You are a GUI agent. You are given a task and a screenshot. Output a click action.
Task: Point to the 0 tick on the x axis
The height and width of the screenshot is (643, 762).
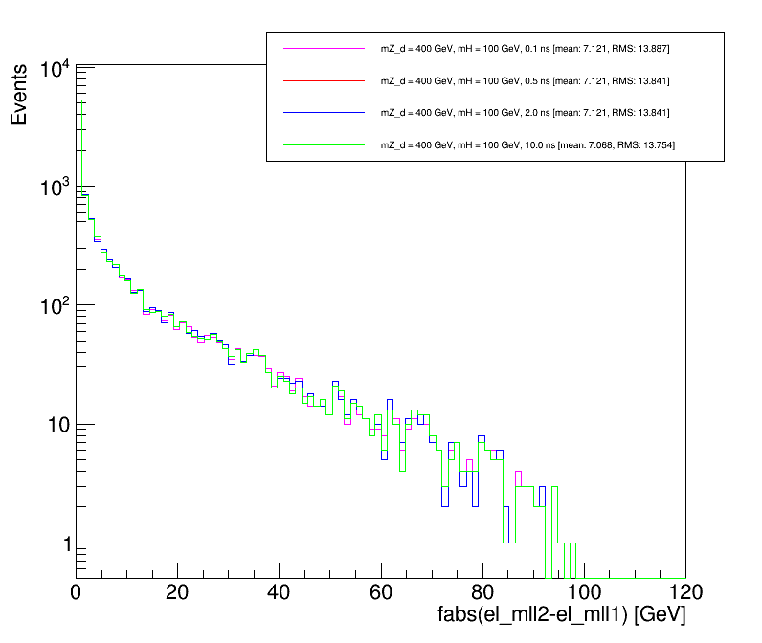click(x=77, y=590)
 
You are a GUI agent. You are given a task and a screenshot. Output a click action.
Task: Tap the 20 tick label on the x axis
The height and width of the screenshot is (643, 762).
click(x=177, y=590)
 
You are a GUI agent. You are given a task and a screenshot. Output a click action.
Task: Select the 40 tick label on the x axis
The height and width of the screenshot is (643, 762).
click(x=279, y=590)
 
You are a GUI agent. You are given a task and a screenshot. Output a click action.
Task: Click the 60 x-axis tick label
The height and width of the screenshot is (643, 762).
click(x=380, y=590)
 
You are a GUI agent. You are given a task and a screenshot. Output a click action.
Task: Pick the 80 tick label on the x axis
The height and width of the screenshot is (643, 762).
click(x=482, y=590)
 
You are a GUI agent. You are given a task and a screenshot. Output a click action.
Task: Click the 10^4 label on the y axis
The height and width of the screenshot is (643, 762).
click(x=54, y=69)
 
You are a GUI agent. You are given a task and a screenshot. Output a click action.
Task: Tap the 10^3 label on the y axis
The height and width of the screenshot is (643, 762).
click(x=54, y=188)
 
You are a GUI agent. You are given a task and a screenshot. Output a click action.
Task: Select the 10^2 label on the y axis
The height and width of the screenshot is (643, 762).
click(x=54, y=306)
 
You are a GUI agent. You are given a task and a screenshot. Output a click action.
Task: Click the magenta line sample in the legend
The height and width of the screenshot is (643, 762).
click(x=325, y=48)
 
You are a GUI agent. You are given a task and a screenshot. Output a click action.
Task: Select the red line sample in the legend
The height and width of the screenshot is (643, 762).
click(x=325, y=80)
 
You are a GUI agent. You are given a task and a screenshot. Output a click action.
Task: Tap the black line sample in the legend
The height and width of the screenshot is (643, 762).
click(x=325, y=112)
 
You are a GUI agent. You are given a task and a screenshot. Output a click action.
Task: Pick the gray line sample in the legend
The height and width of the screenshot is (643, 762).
click(x=325, y=144)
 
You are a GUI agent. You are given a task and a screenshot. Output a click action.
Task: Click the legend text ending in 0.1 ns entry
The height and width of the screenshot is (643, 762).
click(x=531, y=48)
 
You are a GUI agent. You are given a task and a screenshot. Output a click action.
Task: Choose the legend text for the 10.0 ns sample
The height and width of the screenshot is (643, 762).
click(x=533, y=144)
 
